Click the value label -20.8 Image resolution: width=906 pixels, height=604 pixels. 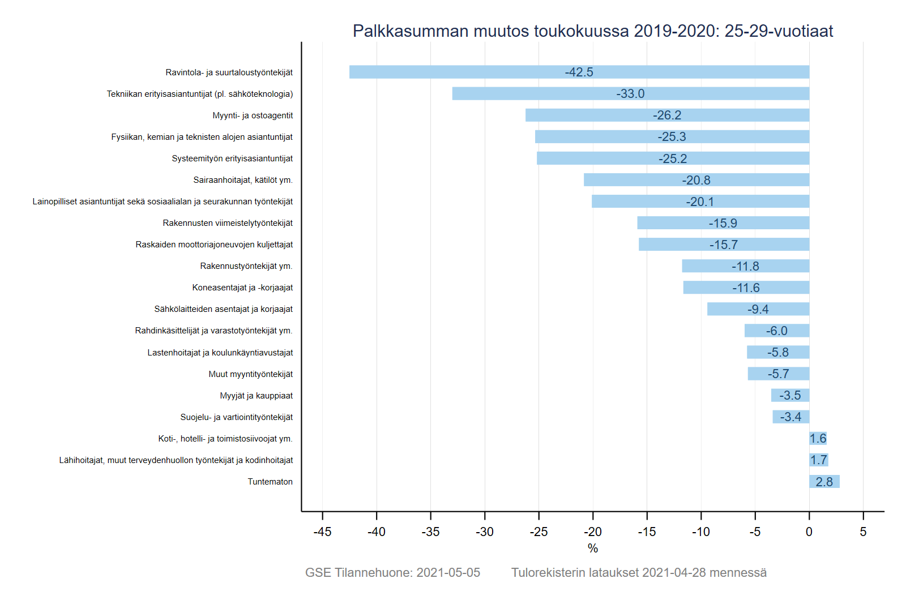tap(696, 180)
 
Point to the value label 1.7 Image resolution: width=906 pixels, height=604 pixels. tap(818, 460)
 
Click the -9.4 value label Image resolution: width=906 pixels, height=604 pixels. tap(758, 309)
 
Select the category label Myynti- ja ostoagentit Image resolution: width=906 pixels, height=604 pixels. tap(253, 115)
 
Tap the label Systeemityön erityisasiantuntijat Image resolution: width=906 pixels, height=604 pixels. tap(232, 159)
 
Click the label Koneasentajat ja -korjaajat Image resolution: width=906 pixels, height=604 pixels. tap(242, 288)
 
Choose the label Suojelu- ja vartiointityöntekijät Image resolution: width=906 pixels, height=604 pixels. tap(236, 417)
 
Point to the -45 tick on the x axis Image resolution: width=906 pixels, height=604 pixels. tap(322, 532)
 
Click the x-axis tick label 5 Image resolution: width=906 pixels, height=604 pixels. tap(863, 532)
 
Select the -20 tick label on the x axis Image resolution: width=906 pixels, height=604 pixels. tap(592, 532)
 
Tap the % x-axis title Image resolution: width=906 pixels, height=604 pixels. tap(592, 548)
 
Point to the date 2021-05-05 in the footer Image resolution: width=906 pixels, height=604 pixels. tap(448, 572)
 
